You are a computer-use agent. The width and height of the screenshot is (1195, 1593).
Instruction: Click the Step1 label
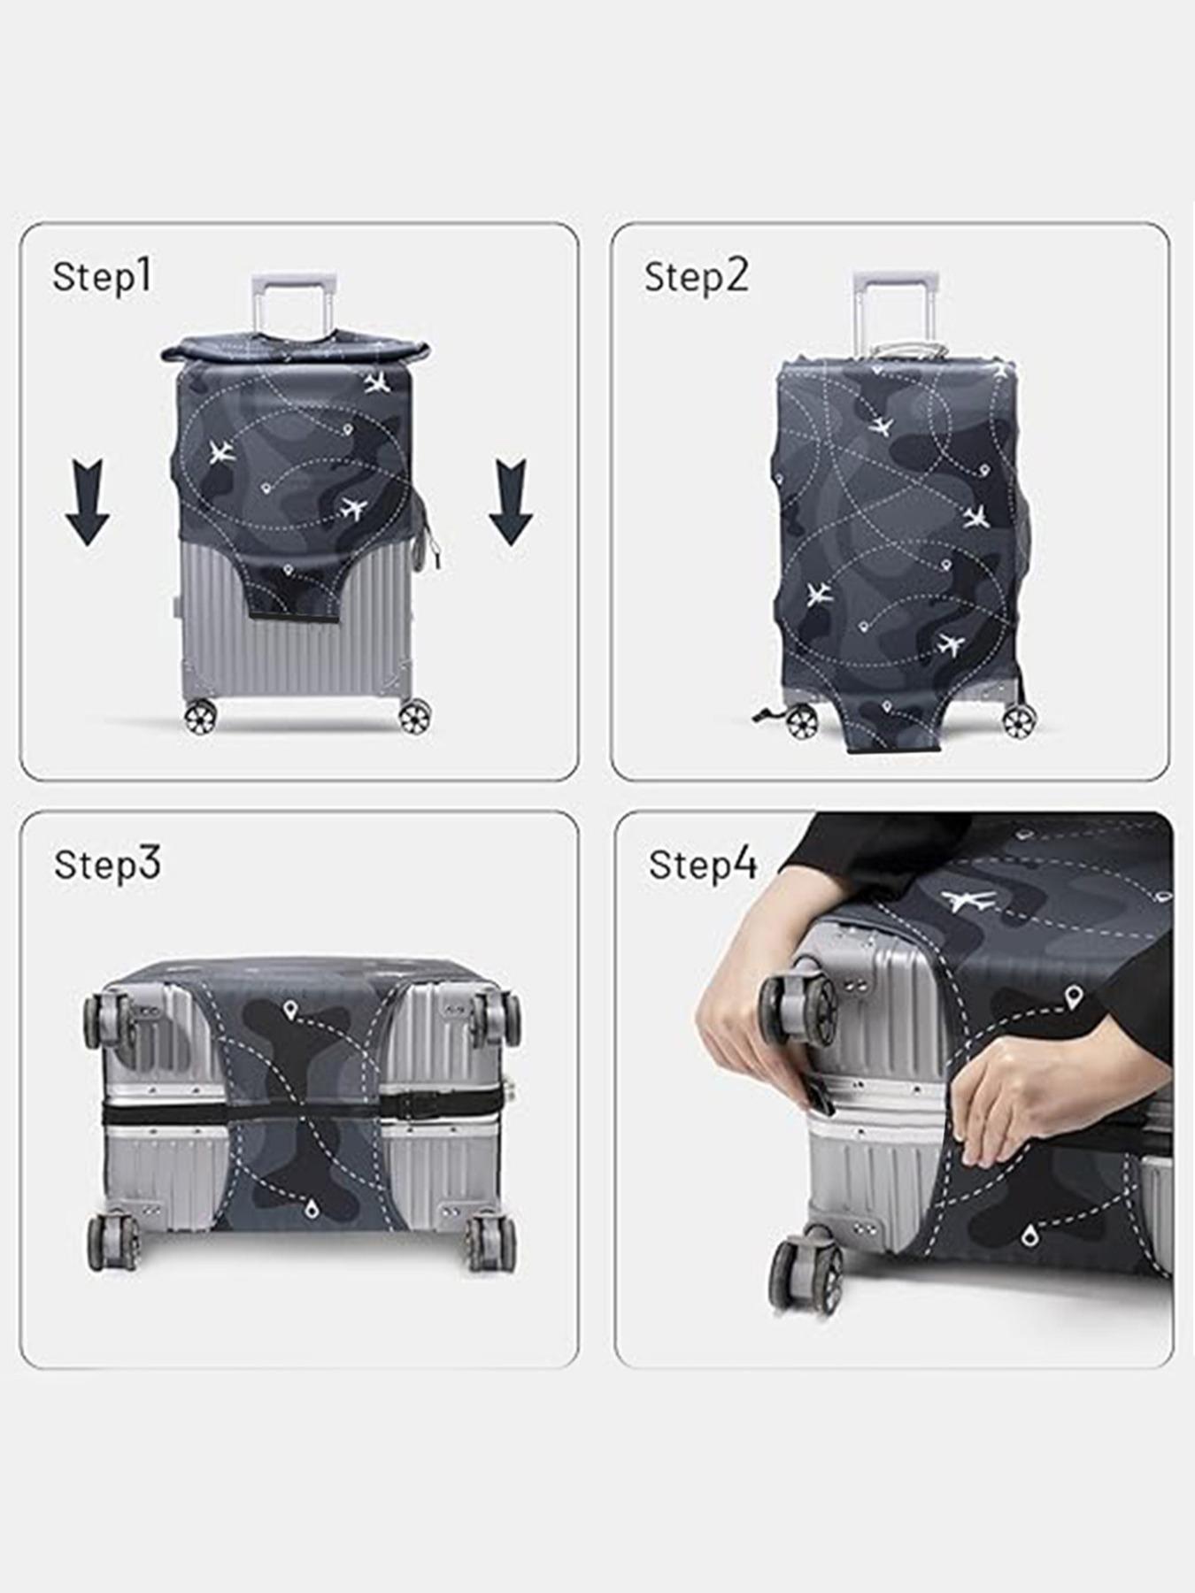103,277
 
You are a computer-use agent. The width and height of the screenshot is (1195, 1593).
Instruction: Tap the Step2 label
696,277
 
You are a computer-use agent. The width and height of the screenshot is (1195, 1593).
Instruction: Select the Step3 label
107,865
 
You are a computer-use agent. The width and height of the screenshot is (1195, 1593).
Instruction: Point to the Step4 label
703,865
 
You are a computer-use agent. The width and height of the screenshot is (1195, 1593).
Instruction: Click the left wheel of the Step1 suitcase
200,717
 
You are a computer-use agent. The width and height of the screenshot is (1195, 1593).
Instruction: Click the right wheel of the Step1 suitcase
414,717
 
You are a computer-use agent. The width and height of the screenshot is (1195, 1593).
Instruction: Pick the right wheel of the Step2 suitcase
1019,722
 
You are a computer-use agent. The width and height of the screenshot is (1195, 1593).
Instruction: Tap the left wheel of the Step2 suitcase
802,723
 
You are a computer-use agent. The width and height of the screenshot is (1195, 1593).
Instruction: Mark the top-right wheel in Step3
496,1018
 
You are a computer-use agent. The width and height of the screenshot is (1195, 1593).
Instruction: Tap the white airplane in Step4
968,901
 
